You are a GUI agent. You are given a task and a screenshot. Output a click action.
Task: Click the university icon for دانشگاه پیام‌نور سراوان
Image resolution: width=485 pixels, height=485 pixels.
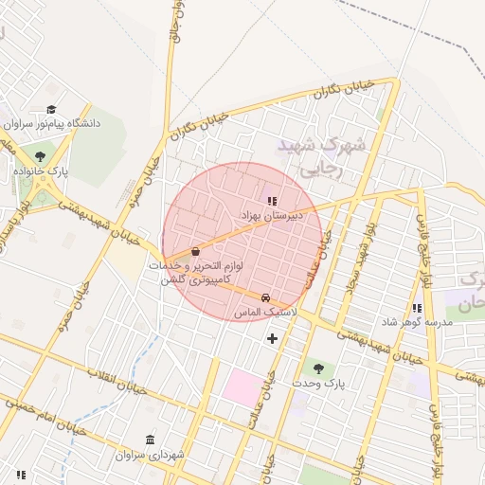(x=51, y=110)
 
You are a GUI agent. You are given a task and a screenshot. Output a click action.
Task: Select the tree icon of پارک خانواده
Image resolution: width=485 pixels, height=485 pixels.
(x=39, y=156)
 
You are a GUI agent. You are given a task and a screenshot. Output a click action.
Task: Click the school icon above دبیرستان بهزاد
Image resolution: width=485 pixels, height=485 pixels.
(x=272, y=201)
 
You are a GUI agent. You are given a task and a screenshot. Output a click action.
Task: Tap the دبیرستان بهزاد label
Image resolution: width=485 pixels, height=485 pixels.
(x=272, y=216)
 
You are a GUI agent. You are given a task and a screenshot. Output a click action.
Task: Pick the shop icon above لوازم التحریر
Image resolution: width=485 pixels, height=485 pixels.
(x=195, y=251)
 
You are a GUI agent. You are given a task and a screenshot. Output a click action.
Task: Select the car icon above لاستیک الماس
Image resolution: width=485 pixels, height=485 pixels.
(x=265, y=296)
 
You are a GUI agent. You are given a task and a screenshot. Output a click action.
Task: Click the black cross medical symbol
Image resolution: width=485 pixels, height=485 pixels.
(x=273, y=338)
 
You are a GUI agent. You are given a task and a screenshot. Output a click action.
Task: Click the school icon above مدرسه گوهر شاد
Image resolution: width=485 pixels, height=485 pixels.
(x=417, y=308)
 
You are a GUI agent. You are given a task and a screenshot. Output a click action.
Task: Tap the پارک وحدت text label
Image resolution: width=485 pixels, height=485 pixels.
(x=316, y=383)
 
